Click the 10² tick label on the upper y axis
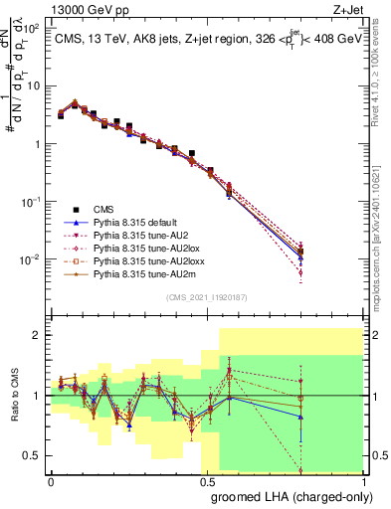click(31, 29)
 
